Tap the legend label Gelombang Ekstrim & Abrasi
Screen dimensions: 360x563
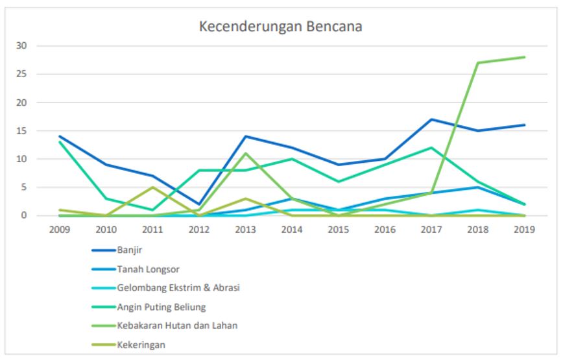tap(178, 287)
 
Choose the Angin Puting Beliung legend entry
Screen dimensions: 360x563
tap(162, 306)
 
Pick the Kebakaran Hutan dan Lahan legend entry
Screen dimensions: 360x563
tap(177, 325)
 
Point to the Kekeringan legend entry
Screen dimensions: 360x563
tap(141, 344)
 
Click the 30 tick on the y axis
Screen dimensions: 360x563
tap(23, 46)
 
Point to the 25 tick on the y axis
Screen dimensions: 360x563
tap(23, 75)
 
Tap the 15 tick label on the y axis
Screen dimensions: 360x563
tap(23, 131)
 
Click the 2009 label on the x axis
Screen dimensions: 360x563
tap(59, 230)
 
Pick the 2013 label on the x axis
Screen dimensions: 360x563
tap(245, 230)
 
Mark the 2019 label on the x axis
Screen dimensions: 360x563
tap(523, 230)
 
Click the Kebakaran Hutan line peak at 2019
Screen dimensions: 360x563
tap(523, 57)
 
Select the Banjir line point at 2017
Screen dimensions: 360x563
tap(431, 119)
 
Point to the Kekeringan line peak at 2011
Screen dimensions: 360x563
tap(152, 187)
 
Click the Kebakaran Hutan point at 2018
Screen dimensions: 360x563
tap(477, 63)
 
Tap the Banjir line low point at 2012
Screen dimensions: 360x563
tap(198, 204)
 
